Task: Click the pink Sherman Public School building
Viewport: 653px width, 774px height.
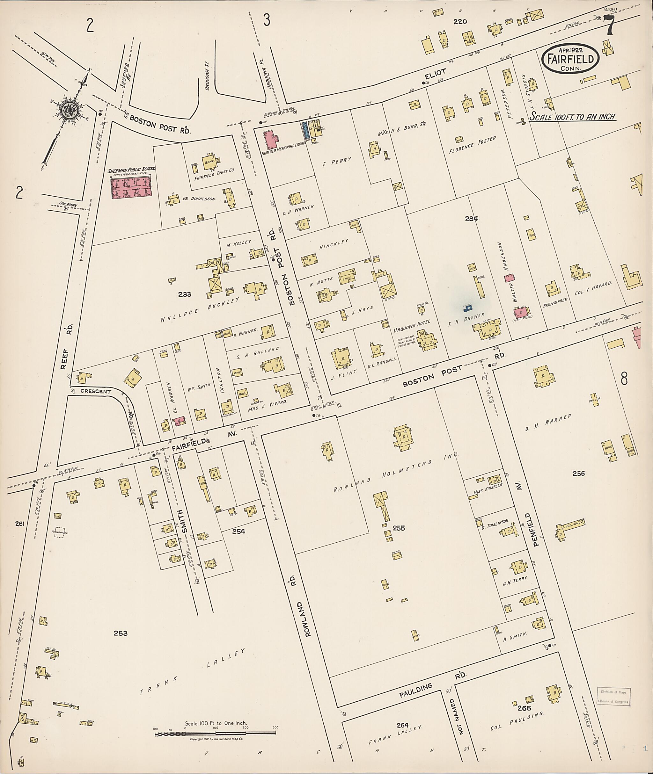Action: click(131, 186)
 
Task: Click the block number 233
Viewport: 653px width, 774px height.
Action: click(184, 294)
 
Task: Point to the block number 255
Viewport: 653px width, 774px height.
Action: click(399, 528)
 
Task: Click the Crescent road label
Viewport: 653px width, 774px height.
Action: click(96, 391)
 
